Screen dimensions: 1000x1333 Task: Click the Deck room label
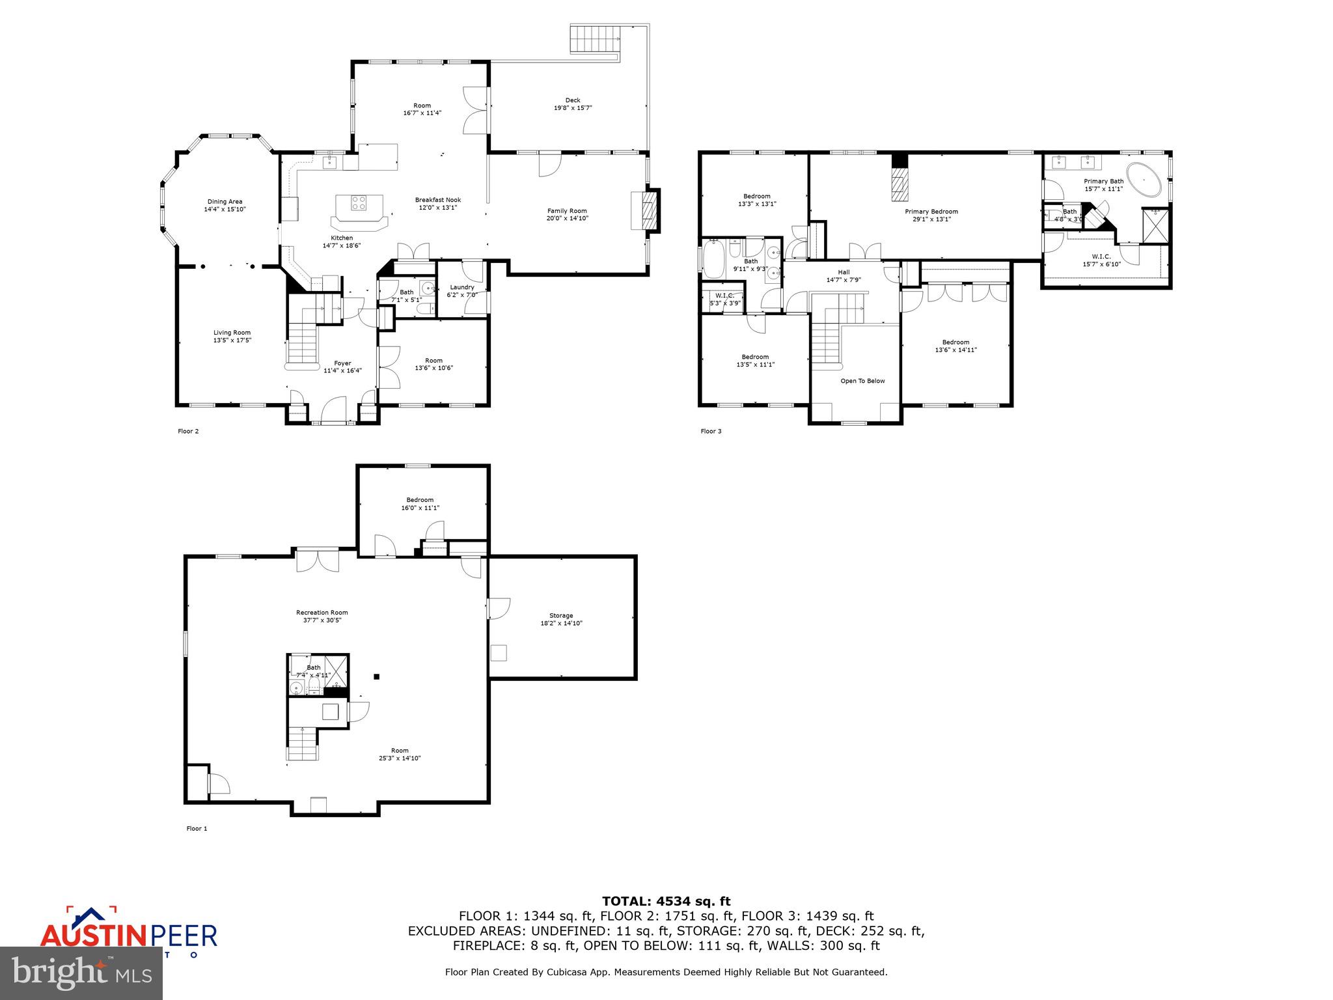572,100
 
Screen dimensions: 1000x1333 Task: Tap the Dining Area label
225,202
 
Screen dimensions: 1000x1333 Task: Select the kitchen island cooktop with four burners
359,202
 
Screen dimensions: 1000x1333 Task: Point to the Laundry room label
462,287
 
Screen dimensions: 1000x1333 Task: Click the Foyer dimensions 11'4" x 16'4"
342,371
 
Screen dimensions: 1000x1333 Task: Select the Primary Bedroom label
931,212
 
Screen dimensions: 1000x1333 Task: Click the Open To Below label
862,381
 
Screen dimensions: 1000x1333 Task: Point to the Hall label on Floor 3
844,272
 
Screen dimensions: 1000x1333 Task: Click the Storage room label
561,615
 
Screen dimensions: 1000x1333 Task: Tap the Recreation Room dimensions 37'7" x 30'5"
322,620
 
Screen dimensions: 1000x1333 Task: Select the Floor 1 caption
197,829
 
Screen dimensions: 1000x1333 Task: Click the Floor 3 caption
711,431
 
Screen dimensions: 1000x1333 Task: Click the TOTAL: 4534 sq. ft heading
666,901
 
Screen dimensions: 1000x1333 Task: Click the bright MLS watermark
81,973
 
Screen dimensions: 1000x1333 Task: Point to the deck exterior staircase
596,39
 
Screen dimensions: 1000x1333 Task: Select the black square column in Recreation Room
376,676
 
